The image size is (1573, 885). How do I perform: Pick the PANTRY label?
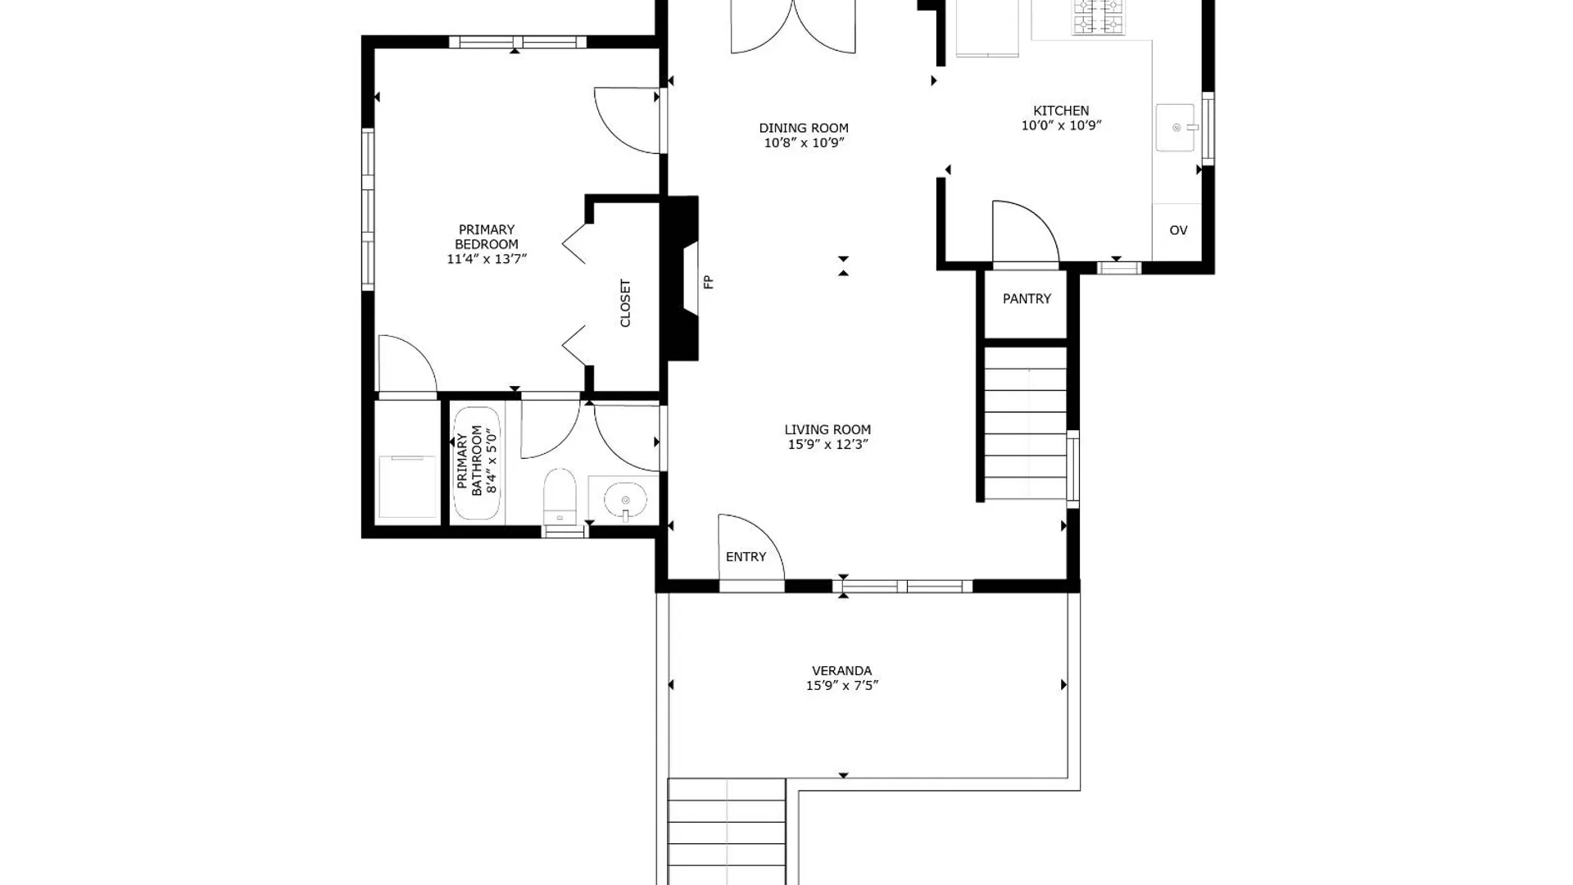1027,299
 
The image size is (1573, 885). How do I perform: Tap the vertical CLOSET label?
626,303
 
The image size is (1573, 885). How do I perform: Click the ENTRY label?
746,557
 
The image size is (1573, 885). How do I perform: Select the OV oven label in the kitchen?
1178,230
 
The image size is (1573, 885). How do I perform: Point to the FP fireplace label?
709,282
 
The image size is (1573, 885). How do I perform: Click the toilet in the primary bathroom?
560,496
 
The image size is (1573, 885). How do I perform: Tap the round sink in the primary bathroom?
626,499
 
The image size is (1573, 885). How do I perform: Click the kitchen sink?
1176,127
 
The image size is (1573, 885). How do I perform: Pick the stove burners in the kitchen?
1099,18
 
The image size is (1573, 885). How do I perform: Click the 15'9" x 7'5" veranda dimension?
842,686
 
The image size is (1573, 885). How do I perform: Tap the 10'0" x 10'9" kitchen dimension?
1061,125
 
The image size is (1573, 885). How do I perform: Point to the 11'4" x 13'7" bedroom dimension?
487,259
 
